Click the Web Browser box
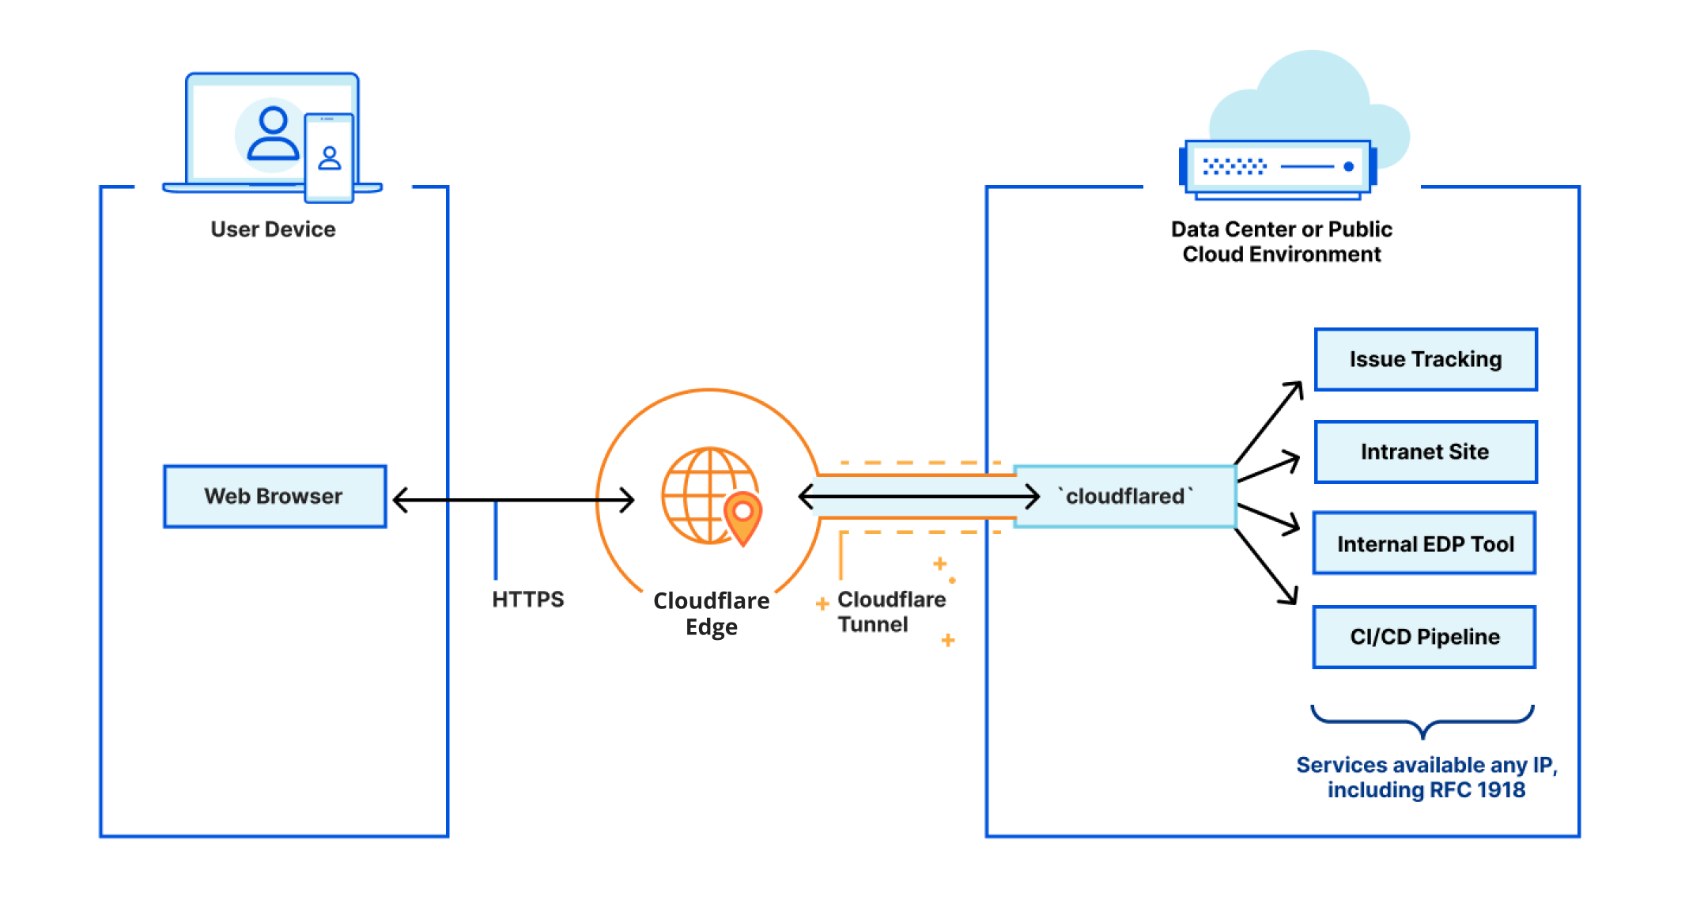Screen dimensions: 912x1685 (274, 496)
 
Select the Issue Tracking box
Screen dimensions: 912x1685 (1425, 360)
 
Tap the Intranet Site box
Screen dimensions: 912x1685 (1425, 452)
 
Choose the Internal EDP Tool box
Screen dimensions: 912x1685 (1424, 543)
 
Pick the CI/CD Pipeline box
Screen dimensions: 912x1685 (1424, 637)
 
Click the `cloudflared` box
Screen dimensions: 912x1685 (1125, 496)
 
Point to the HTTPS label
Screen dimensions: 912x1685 (527, 600)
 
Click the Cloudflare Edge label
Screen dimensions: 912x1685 (711, 613)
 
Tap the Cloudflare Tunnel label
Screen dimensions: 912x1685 (890, 611)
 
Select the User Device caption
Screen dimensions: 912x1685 (273, 229)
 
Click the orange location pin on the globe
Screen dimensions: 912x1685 (742, 516)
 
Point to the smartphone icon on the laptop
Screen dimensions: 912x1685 (329, 157)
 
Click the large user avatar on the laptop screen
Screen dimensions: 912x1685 (273, 134)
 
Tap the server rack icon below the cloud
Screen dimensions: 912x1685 (1277, 167)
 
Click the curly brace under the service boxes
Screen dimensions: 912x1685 (1422, 721)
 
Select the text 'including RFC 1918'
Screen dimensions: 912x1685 (1426, 789)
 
